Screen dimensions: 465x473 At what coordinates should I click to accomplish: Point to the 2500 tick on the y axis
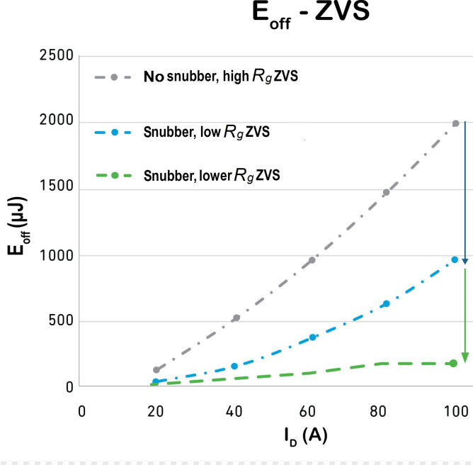(59, 55)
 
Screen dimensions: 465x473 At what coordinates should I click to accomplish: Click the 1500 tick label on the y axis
(59, 189)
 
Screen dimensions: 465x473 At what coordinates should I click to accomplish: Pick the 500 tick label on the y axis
(64, 321)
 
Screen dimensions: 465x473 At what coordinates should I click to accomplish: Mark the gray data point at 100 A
(456, 123)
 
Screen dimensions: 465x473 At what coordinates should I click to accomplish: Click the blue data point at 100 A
(455, 260)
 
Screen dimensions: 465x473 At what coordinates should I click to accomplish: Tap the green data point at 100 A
(453, 364)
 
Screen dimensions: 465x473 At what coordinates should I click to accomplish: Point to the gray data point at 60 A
(312, 260)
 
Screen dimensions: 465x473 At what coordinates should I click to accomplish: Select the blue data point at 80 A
(386, 304)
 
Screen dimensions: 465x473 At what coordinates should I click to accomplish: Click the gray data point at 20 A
(156, 370)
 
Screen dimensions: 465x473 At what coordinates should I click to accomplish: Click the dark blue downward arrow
(465, 191)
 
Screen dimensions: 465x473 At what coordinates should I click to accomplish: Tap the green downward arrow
(465, 315)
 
